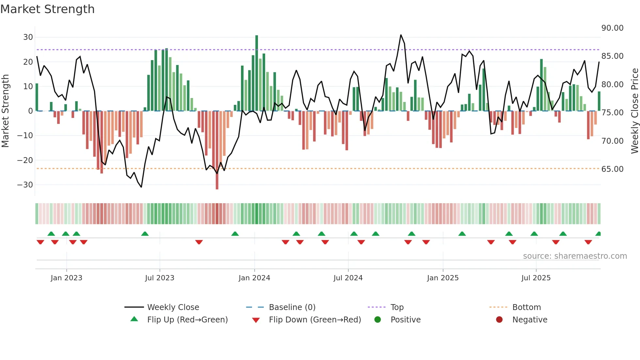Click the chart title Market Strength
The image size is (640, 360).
point(47,9)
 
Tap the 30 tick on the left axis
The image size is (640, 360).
point(28,37)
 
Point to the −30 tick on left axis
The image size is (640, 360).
point(25,185)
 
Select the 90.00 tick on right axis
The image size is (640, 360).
point(612,28)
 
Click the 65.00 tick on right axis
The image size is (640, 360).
point(612,169)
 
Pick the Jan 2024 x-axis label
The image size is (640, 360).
point(254,278)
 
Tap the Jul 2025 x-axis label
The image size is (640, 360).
point(536,278)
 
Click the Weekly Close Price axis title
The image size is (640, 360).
point(634,111)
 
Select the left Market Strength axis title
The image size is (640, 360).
point(5,111)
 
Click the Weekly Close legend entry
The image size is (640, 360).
point(173,307)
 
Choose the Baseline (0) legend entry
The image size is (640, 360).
point(292,307)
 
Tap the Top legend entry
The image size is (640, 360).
point(397,307)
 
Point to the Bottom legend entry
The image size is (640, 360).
point(526,307)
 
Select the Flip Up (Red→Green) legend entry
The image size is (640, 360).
point(187,320)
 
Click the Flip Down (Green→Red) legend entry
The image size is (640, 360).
point(315,320)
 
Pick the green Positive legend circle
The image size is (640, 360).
point(377,320)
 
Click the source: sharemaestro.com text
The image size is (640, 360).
point(575,256)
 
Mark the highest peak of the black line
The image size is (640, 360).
point(401,35)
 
